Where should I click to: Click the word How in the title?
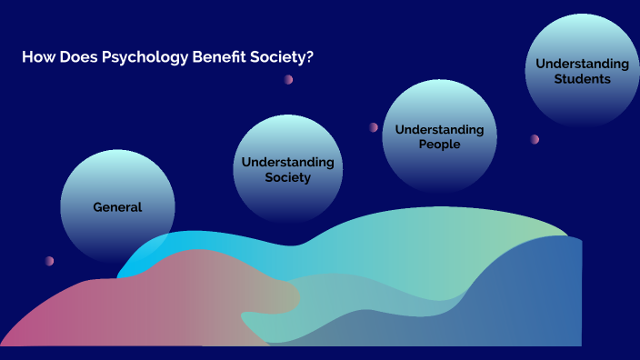click(36, 57)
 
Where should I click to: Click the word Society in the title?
click(278, 57)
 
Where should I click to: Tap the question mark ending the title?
click(310, 57)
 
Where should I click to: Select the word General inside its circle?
click(118, 207)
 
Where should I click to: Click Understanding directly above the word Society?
click(287, 162)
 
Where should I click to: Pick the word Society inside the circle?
click(287, 177)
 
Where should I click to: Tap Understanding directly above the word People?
click(439, 129)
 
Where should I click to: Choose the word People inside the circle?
click(439, 145)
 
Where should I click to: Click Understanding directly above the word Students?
click(582, 64)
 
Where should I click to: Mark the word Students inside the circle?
click(582, 79)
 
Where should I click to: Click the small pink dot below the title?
click(288, 79)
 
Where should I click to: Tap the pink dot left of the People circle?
click(373, 127)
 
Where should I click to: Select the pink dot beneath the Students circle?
click(535, 139)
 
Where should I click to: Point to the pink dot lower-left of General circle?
click(49, 261)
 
